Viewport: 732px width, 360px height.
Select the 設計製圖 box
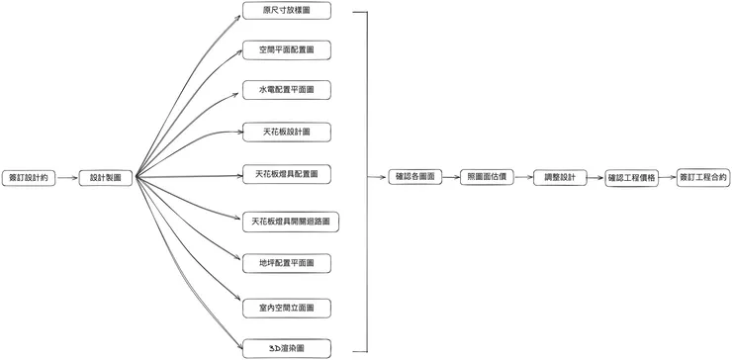[106, 178]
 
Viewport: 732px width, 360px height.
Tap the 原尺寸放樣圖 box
[286, 11]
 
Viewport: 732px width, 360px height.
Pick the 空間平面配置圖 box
[286, 49]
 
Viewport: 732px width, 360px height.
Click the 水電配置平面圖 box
[286, 90]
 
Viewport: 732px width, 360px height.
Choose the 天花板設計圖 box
[286, 131]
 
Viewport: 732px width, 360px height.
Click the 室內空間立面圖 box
[286, 309]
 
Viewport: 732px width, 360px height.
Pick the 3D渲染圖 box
[286, 348]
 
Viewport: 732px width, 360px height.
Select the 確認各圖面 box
[414, 177]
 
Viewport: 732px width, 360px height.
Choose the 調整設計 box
[559, 177]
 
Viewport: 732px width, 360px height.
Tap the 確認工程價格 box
[631, 177]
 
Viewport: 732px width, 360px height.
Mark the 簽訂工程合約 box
[703, 177]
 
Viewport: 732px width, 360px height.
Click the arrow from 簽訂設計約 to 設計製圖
[67, 178]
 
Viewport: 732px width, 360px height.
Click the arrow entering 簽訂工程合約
[668, 177]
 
